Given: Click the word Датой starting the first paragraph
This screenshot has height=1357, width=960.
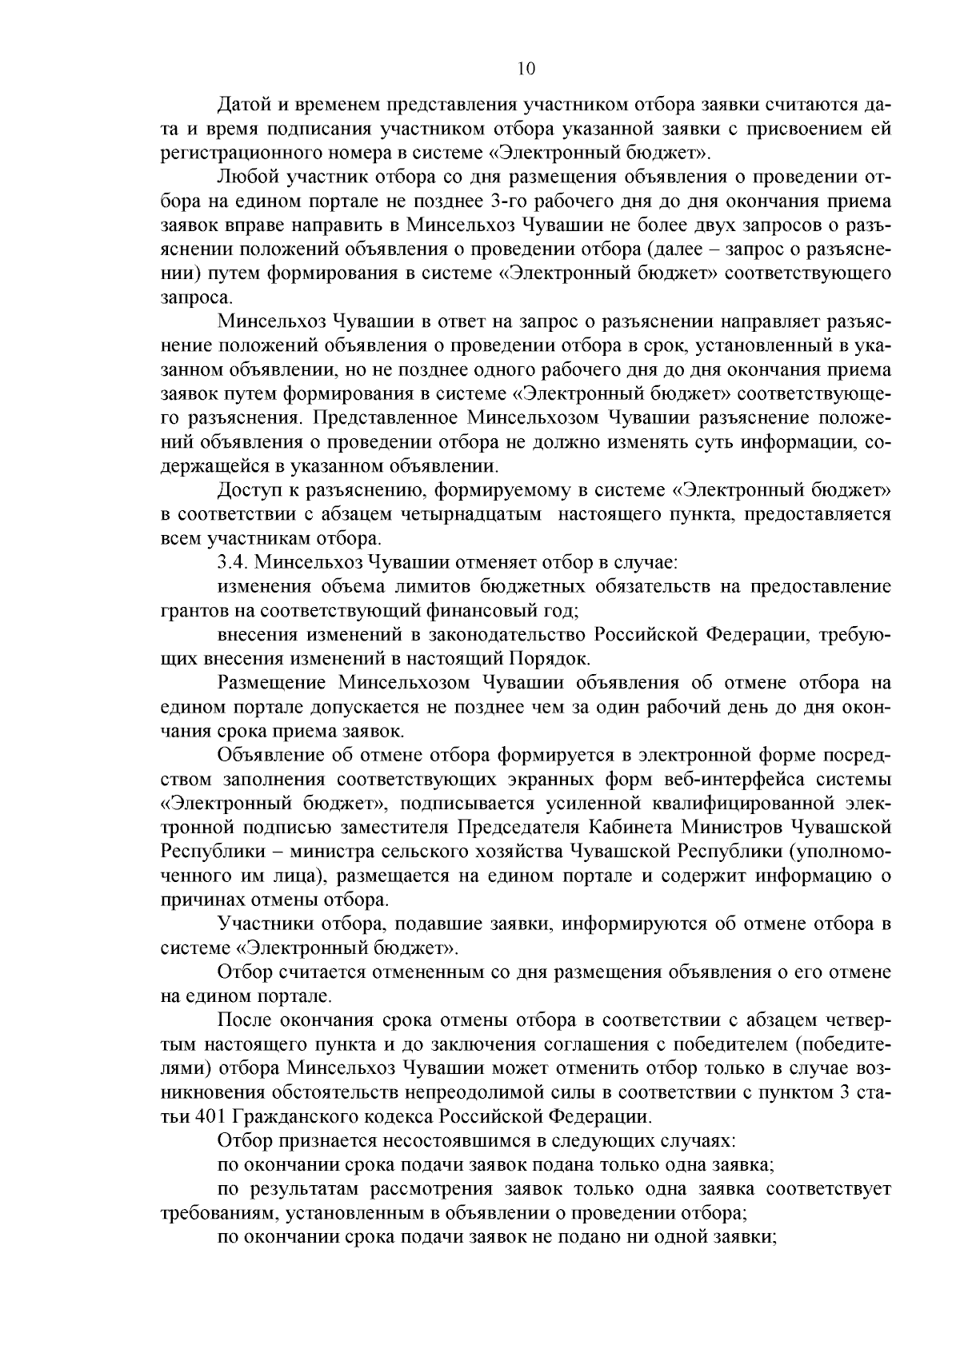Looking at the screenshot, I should (245, 105).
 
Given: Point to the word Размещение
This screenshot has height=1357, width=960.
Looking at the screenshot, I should (271, 682).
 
